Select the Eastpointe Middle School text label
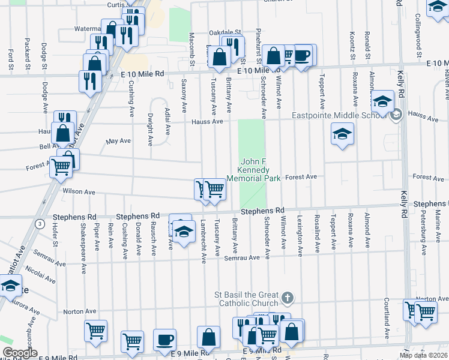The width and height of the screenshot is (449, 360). pyautogui.click(x=340, y=116)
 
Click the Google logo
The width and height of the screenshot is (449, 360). pyautogui.click(x=20, y=353)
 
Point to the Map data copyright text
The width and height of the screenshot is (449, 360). pyautogui.click(x=424, y=355)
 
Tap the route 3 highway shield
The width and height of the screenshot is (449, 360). pyautogui.click(x=40, y=224)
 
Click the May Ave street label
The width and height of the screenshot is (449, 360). pyautogui.click(x=118, y=141)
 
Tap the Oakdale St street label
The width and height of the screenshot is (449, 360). pyautogui.click(x=224, y=32)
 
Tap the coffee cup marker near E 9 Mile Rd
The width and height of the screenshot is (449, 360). pyautogui.click(x=164, y=340)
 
